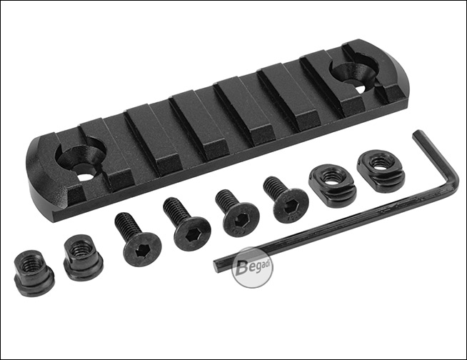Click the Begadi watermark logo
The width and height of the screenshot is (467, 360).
click(253, 268)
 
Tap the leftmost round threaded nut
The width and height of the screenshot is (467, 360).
click(34, 273)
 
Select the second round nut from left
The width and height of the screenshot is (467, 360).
click(83, 257)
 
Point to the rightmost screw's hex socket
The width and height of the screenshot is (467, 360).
click(289, 209)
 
